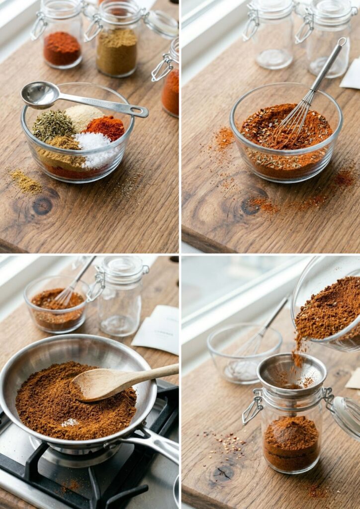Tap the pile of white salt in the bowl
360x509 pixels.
pyautogui.click(x=94, y=148)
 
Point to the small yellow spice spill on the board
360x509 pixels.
pyautogui.click(x=26, y=182)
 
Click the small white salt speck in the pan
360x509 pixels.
pyautogui.click(x=70, y=423)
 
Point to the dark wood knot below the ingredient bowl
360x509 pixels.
pyautogui.click(x=42, y=205)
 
